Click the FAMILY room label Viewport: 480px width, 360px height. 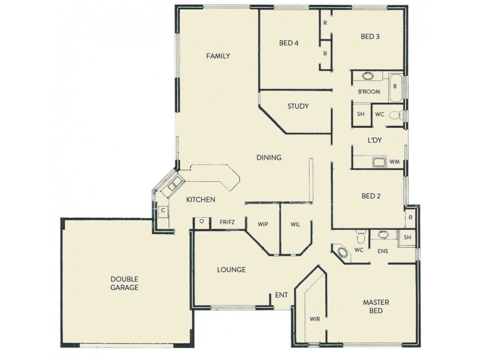(x=218, y=56)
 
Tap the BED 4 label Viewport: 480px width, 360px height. (x=289, y=43)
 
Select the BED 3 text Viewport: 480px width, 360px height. (x=370, y=37)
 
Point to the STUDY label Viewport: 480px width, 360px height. (x=298, y=107)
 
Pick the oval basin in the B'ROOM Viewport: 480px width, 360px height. (x=368, y=76)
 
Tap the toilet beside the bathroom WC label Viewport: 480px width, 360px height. (x=395, y=115)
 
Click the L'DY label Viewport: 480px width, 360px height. (x=376, y=140)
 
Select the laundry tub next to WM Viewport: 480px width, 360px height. (x=379, y=161)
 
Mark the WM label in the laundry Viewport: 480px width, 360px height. (x=394, y=162)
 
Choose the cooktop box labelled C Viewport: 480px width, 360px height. (x=162, y=211)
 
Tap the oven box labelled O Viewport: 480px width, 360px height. (x=202, y=222)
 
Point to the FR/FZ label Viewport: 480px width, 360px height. (x=227, y=223)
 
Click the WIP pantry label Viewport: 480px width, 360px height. (x=262, y=224)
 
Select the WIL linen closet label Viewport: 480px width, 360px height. (x=295, y=224)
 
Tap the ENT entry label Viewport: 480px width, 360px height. (x=281, y=295)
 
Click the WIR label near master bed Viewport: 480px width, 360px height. (x=314, y=319)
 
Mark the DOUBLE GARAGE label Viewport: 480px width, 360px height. (x=124, y=283)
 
